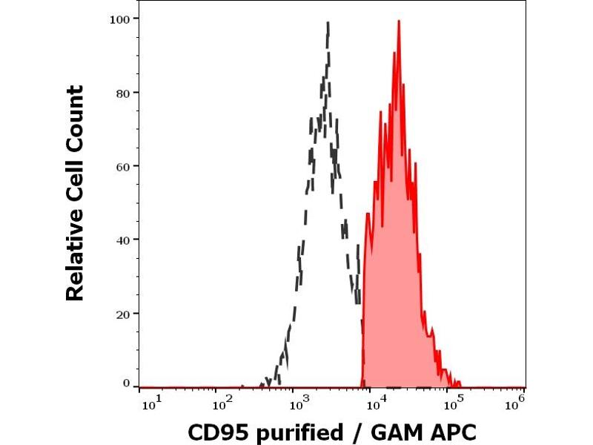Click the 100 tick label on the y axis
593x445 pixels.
[x=119, y=18]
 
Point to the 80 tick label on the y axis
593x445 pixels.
[x=123, y=92]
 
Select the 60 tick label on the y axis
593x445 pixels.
[x=123, y=165]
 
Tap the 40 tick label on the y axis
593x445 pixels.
[x=123, y=240]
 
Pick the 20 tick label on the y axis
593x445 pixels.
[x=123, y=313]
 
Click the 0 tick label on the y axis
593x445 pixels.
[x=127, y=383]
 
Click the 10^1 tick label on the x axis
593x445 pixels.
[x=148, y=403]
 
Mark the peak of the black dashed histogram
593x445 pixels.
[x=327, y=23]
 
